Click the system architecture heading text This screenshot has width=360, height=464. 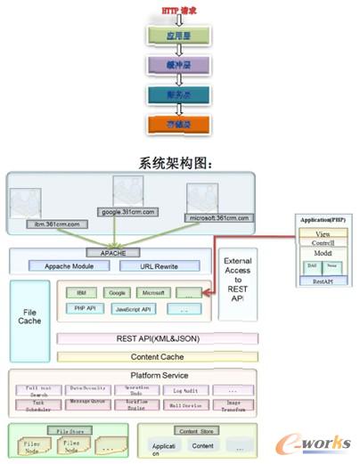pos(179,163)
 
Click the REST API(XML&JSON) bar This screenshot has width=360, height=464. pos(157,338)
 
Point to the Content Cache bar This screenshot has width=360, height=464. pos(157,356)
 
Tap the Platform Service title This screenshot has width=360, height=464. pos(157,376)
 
